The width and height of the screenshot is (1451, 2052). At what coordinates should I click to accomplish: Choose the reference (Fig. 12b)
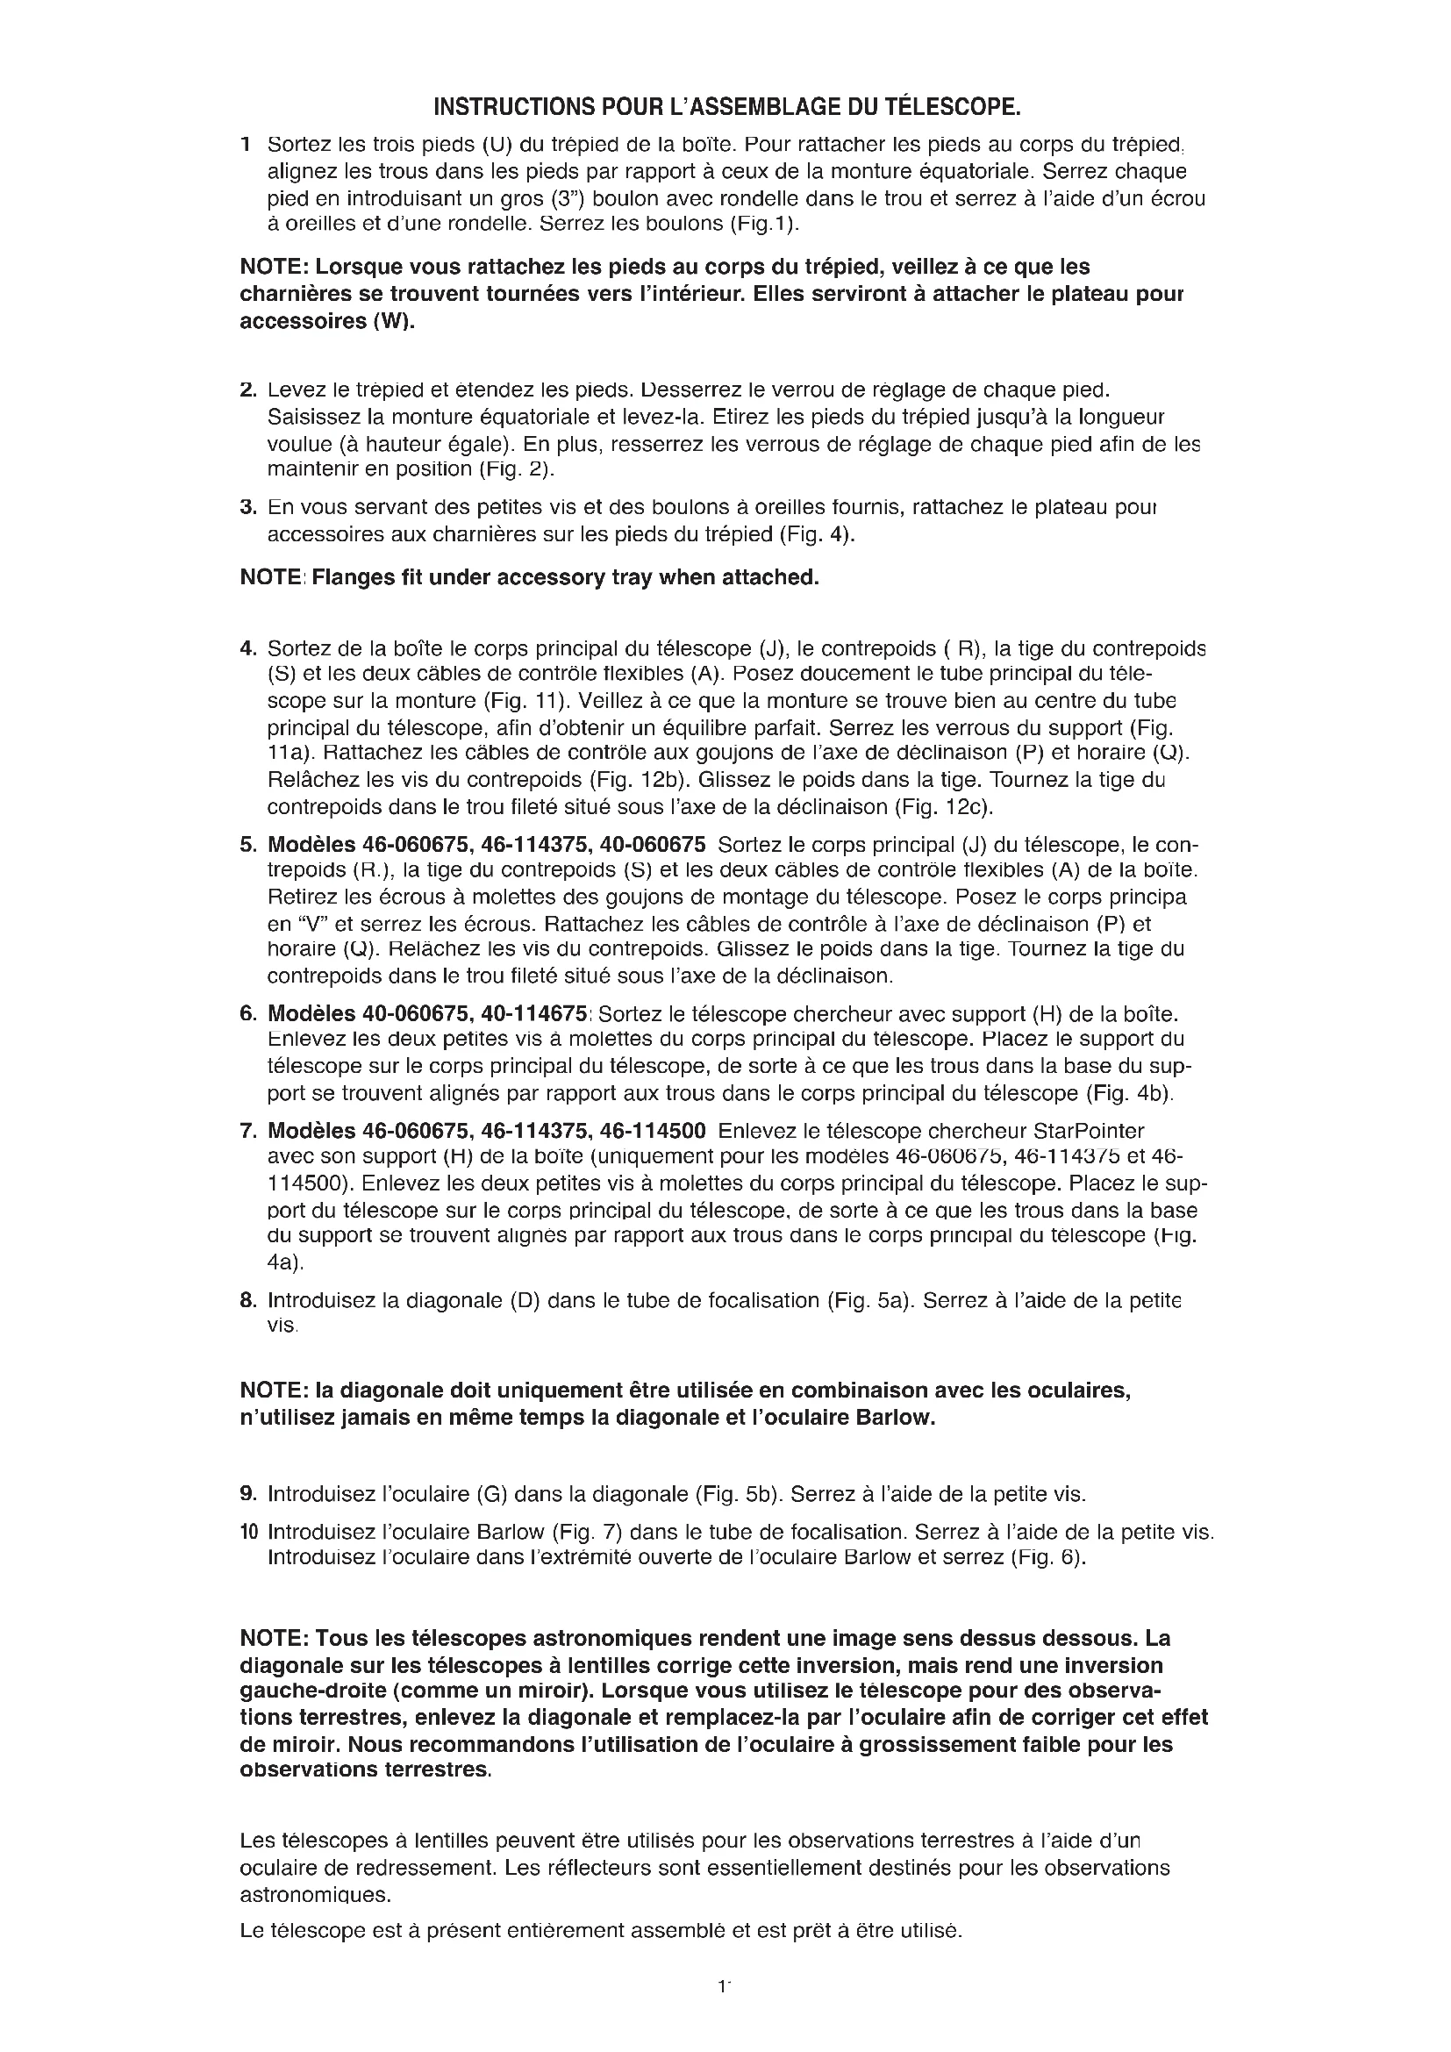(641, 780)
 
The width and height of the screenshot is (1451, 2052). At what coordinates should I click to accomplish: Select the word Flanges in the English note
(353, 577)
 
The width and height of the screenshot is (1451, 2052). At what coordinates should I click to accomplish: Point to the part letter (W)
(395, 322)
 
